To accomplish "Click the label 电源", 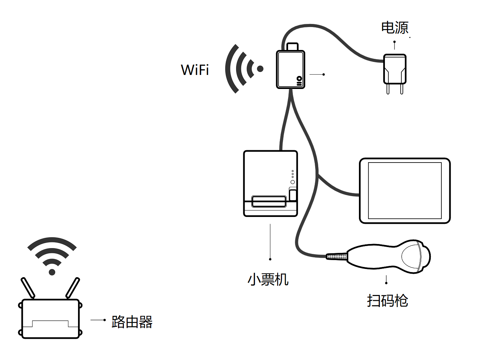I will pos(395,28).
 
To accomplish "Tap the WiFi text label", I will pos(195,70).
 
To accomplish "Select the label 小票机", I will pos(268,279).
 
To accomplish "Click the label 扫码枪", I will pos(387,300).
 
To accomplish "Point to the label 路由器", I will pos(132,322).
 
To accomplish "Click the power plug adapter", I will pos(395,69).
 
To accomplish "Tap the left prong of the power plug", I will pos(388,89).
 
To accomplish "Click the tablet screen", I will pos(405,191).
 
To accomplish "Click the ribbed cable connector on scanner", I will pos(337,256).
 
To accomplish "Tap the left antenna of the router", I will pos(28,288).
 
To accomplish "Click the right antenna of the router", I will pos(73,288).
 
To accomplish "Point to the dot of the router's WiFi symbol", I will pos(52,272).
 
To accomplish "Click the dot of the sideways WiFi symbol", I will pos(260,69).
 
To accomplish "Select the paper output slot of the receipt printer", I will pos(269,202).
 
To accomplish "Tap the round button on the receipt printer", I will pos(293,182).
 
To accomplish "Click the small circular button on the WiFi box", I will pos(299,79).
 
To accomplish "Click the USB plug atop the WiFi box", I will pos(293,47).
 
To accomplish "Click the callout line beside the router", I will pos(98,320).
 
